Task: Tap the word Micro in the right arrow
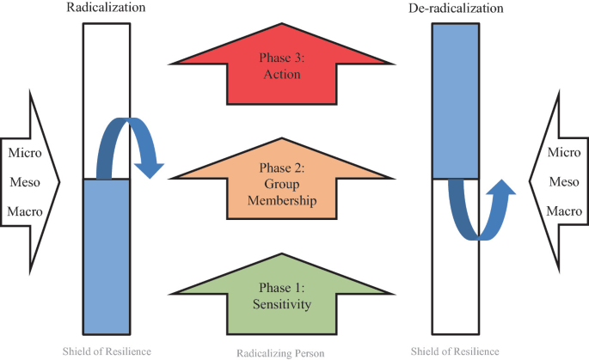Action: tap(565, 153)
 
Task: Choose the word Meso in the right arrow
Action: tap(565, 181)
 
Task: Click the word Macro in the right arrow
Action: tap(564, 210)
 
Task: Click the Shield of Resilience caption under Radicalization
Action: tap(107, 352)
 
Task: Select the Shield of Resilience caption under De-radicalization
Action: tap(456, 352)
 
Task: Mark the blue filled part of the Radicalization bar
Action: tap(107, 258)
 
